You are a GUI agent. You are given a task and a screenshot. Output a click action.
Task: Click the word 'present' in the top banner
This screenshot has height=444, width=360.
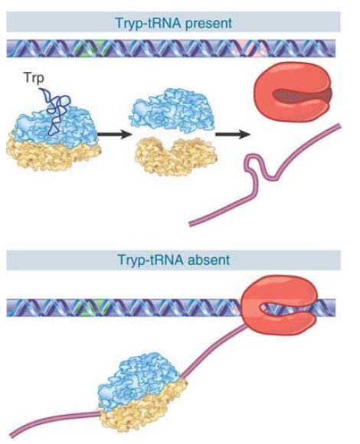click(x=208, y=23)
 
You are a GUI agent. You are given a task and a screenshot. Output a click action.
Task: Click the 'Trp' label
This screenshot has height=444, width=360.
click(x=34, y=77)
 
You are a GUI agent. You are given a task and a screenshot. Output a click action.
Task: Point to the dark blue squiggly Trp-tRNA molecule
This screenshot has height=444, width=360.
click(x=55, y=111)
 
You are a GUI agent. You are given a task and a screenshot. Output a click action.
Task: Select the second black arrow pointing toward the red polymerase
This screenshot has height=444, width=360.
click(x=233, y=135)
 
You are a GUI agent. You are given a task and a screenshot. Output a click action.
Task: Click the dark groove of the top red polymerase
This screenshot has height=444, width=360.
click(x=300, y=96)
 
